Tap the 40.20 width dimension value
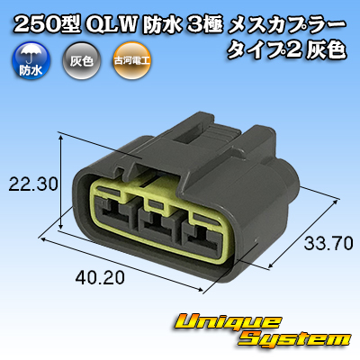coord(100,278)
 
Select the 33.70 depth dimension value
coord(328,243)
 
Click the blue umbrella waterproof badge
coord(31,61)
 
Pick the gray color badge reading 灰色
coord(82,61)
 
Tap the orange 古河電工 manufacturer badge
coord(131,61)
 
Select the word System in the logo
coord(295,339)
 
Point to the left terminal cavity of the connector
coord(113,213)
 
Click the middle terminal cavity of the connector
coord(156,224)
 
